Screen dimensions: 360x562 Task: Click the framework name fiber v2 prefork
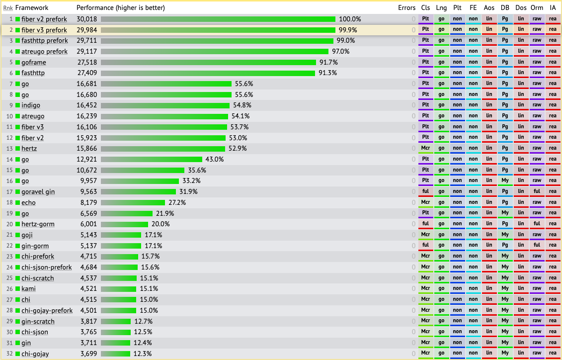[44, 19]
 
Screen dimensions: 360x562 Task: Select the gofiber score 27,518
[87, 62]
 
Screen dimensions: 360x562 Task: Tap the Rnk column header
[7, 8]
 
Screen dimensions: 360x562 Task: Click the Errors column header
[406, 8]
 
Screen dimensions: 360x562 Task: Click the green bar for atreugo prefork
[215, 51]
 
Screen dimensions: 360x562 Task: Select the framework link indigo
[31, 105]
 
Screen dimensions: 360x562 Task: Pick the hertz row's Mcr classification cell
[425, 148]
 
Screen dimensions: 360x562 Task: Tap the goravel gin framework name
[38, 191]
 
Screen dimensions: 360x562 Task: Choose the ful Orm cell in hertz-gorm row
[537, 224]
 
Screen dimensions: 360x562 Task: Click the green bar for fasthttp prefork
[217, 41]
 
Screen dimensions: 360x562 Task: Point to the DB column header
[505, 8]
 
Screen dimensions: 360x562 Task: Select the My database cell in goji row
[505, 235]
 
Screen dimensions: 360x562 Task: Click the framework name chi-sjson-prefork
[47, 267]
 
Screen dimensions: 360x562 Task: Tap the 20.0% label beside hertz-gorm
[161, 224]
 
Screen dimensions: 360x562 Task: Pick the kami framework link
[28, 288]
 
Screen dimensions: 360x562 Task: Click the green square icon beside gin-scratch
[18, 321]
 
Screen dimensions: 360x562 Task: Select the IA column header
[553, 8]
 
